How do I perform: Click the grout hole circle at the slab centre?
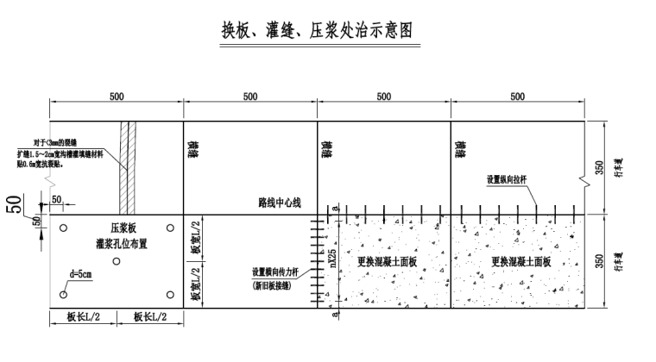[x=116, y=260]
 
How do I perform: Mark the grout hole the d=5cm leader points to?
[x=63, y=295]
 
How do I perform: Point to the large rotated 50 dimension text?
[x=16, y=206]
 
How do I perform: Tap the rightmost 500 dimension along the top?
[x=517, y=98]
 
